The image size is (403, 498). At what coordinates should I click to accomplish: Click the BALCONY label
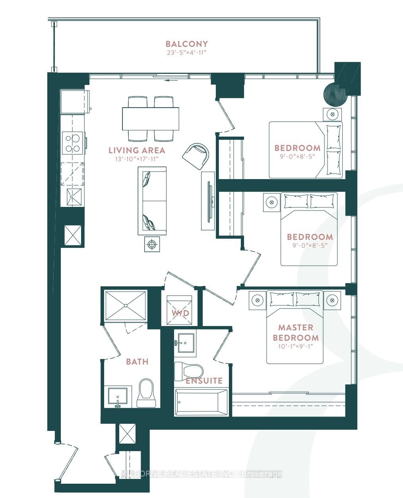coord(187,44)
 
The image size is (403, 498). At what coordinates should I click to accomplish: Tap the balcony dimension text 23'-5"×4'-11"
coord(186,52)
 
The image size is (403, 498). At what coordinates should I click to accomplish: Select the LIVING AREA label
coord(137,151)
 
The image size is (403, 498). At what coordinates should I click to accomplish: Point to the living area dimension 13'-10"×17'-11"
coord(137,159)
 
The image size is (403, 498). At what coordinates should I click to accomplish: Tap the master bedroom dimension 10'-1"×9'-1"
coord(296,346)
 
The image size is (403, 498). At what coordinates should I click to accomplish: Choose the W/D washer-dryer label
coord(180,313)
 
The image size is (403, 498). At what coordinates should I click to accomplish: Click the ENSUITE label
coord(204,381)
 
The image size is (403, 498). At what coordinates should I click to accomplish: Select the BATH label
coord(137,362)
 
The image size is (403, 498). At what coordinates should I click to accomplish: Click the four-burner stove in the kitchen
coord(72,142)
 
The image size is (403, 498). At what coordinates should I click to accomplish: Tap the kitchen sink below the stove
coord(74,197)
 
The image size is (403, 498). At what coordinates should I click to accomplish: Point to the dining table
coord(151,119)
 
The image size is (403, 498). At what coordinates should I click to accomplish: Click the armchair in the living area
coord(196,156)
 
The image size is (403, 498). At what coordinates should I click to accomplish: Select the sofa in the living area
coord(152,201)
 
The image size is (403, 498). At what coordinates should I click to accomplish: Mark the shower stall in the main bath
coord(126,305)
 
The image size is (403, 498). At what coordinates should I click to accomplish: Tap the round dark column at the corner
coord(334,94)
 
